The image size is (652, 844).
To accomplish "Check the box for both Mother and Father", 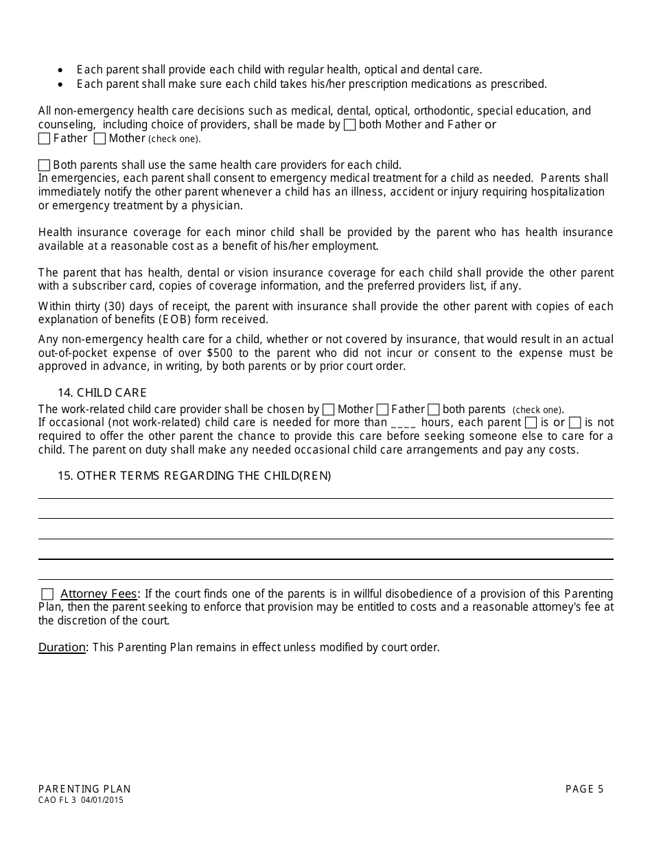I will [349, 125].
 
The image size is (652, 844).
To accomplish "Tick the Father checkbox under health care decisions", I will [45, 139].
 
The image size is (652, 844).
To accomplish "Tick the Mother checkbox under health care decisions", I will [100, 139].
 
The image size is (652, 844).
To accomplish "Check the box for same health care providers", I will [45, 165].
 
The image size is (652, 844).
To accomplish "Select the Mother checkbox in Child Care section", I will [329, 410].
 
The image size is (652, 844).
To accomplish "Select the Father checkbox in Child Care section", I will [383, 410].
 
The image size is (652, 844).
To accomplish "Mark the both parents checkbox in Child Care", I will [434, 410].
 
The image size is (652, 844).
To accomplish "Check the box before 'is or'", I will [531, 423].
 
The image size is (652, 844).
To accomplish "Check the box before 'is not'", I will [575, 423].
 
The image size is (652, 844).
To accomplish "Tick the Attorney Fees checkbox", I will [47, 594].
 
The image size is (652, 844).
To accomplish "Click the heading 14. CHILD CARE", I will [102, 393].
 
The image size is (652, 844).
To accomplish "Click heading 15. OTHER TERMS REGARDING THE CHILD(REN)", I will [194, 476].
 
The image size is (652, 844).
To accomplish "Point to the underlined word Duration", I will [62, 647].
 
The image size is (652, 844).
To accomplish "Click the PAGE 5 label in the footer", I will [584, 789].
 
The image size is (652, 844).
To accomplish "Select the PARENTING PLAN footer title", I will [84, 789].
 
